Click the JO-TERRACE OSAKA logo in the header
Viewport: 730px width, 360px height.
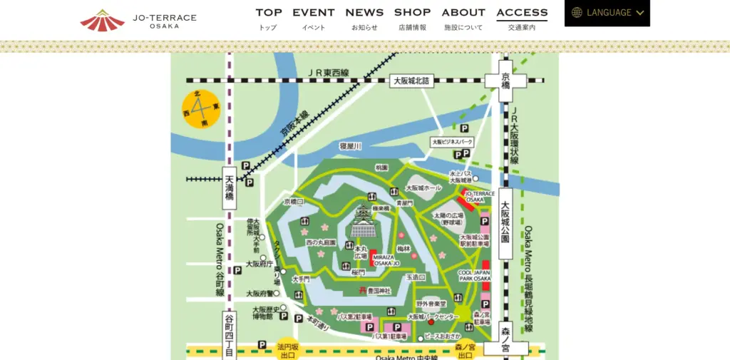(138, 20)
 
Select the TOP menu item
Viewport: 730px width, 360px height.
(269, 18)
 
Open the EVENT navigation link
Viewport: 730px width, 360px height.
(314, 18)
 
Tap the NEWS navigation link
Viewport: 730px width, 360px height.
(364, 18)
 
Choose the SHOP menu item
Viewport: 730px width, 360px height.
(412, 18)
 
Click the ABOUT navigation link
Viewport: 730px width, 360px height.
(463, 18)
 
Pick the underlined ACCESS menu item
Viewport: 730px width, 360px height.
(522, 18)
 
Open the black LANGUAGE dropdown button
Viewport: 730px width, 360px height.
(607, 13)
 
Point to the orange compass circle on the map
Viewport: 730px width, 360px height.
(201, 109)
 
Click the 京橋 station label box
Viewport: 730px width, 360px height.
(505, 81)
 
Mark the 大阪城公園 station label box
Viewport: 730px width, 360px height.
(506, 222)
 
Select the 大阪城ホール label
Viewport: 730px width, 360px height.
(424, 187)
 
